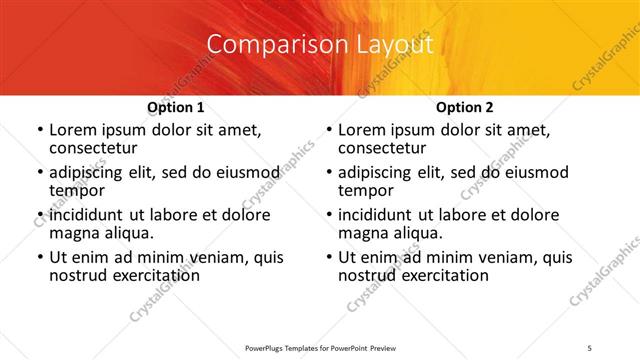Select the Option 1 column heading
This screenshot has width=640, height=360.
(x=176, y=107)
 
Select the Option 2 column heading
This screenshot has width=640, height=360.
(x=465, y=107)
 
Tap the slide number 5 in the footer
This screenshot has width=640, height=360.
(x=590, y=346)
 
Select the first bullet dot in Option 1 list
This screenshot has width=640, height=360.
(x=39, y=131)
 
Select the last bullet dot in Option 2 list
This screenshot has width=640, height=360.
(x=328, y=258)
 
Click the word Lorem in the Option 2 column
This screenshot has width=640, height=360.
(x=362, y=130)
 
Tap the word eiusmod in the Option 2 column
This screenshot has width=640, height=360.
(x=536, y=172)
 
